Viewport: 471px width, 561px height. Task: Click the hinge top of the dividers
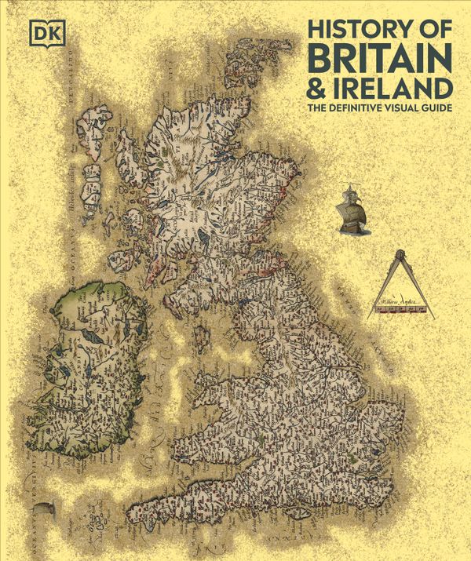click(401, 255)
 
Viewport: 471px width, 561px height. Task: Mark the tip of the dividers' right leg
click(433, 318)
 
